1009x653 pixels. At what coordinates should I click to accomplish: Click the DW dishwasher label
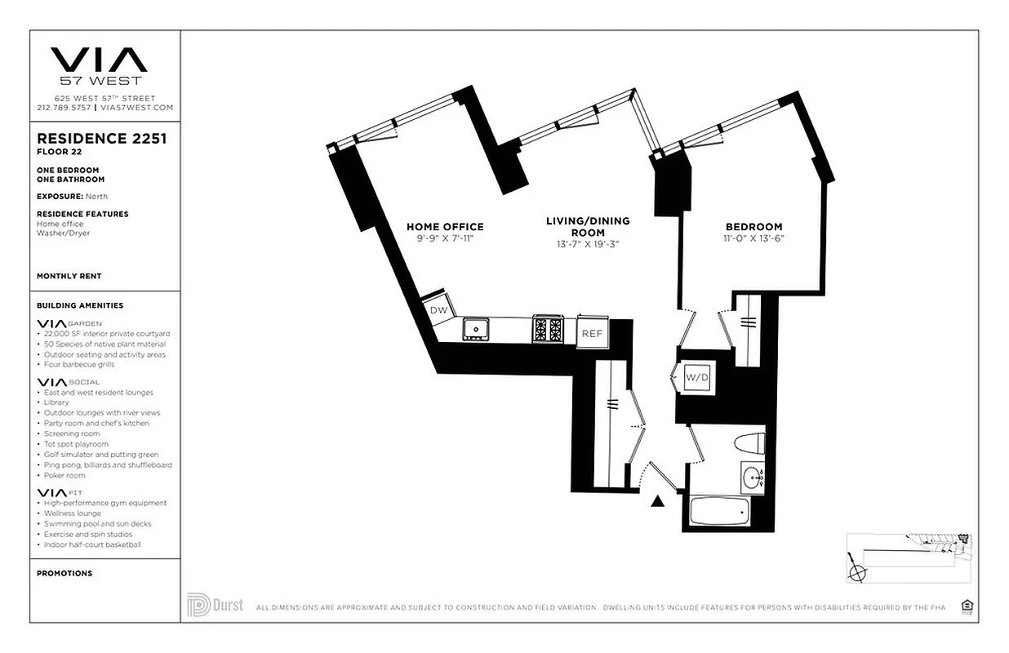[x=438, y=310]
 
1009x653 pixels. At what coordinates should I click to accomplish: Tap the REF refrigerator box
[x=592, y=333]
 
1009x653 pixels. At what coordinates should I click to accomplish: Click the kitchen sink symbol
[x=475, y=329]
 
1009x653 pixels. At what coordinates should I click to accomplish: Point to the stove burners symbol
[x=547, y=329]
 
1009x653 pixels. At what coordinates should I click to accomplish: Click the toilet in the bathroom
[x=749, y=446]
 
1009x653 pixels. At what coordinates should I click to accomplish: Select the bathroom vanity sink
[x=753, y=477]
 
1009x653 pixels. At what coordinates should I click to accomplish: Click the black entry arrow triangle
[x=657, y=501]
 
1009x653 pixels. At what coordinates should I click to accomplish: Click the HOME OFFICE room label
[x=445, y=227]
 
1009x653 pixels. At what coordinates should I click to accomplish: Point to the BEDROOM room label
[x=753, y=227]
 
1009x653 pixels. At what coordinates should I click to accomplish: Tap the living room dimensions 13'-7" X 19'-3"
[x=588, y=243]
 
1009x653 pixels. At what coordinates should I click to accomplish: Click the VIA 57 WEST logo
[x=100, y=65]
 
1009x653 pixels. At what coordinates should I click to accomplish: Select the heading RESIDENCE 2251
[x=102, y=139]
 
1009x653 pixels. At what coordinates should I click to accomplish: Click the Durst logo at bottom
[x=216, y=606]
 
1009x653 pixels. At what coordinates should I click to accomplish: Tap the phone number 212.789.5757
[x=64, y=108]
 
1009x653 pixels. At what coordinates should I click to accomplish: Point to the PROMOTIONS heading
[x=64, y=573]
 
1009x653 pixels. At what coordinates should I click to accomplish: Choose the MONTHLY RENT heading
[x=69, y=276]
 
